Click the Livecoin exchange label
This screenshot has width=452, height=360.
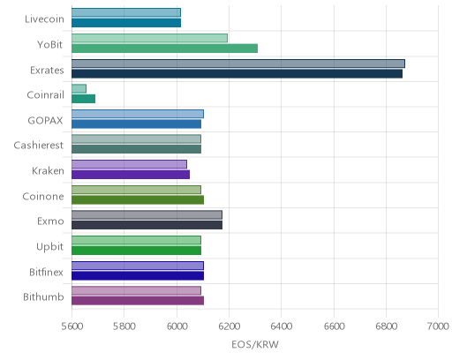[x=44, y=19]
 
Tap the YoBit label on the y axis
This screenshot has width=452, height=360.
[x=50, y=45]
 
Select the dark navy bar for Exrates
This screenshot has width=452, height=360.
[x=237, y=74]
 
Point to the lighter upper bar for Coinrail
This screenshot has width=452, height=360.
[x=79, y=88]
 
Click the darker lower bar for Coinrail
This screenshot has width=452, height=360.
[x=83, y=99]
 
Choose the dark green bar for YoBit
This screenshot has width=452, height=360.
[x=164, y=49]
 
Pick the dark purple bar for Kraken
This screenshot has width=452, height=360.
[x=131, y=175]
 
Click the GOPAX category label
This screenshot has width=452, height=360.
[x=45, y=121]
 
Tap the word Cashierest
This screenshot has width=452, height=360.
[x=39, y=146]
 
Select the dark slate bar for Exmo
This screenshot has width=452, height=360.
[x=147, y=225]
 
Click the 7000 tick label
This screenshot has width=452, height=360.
[x=438, y=326]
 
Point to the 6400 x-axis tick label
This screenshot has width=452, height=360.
[x=282, y=326]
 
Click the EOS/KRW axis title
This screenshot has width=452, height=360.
[x=255, y=344]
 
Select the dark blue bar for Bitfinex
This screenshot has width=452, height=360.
[x=138, y=276]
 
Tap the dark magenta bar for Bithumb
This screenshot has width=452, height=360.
[x=138, y=301]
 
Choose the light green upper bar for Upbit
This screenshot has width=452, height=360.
[x=136, y=240]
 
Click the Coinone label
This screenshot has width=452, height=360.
[x=43, y=197]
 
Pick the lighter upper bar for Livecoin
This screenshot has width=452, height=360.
[x=126, y=12]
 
